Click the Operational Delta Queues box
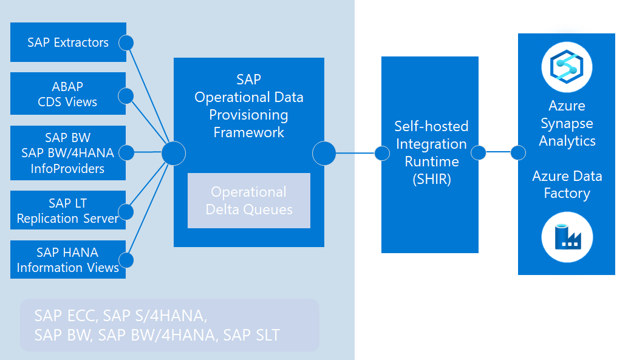pyautogui.click(x=248, y=201)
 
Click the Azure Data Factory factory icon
pyautogui.click(x=567, y=236)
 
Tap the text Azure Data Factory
pyautogui.click(x=567, y=185)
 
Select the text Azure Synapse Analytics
pyautogui.click(x=567, y=123)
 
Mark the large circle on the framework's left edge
pyautogui.click(x=174, y=153)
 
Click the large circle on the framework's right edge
pyautogui.click(x=324, y=153)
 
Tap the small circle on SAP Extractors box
pyautogui.click(x=126, y=42)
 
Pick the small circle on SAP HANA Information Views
pyautogui.click(x=126, y=260)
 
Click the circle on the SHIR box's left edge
pyautogui.click(x=382, y=153)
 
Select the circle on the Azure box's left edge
pyautogui.click(x=518, y=153)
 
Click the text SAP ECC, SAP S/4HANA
pyautogui.click(x=121, y=316)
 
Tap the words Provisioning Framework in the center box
pyautogui.click(x=248, y=123)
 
